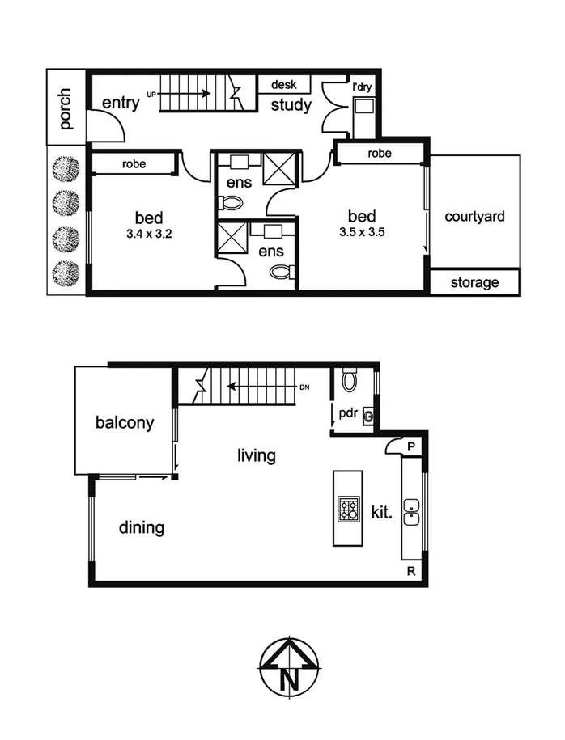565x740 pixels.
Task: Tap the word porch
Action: coord(66,109)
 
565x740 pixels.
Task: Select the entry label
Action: coord(121,103)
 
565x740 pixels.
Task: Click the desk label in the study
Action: coord(283,84)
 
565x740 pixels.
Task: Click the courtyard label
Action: coord(474,216)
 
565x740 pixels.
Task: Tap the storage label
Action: coord(474,282)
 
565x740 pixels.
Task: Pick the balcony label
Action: coord(124,422)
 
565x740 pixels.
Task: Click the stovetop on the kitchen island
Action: coord(349,509)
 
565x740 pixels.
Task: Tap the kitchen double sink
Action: coord(412,512)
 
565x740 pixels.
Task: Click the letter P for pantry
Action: coord(411,446)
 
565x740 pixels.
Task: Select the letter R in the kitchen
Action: coord(411,572)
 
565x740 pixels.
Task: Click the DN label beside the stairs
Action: coord(304,387)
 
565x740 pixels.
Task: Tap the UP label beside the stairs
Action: coord(151,95)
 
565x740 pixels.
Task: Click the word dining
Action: coord(142,528)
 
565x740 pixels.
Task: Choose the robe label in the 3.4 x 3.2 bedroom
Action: coord(134,163)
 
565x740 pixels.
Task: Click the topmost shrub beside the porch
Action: coord(66,168)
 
